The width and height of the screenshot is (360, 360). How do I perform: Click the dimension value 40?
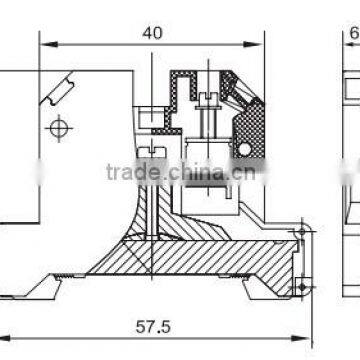(153, 33)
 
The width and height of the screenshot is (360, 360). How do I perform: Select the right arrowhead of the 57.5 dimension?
(300, 337)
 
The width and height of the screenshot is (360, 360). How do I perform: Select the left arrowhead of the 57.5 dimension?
(4, 337)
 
